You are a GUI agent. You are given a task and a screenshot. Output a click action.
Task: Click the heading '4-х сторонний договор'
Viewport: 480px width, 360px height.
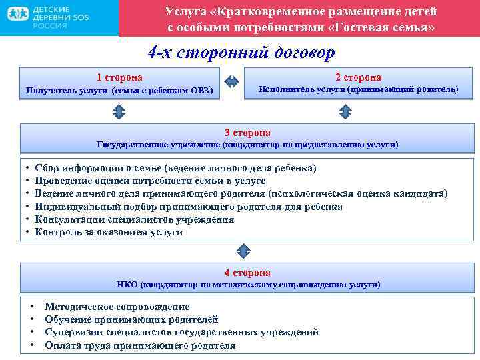(241, 53)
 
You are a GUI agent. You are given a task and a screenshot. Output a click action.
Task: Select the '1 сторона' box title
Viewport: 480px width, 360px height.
(119, 77)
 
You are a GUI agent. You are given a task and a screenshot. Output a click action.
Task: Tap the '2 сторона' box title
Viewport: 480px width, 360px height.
(358, 77)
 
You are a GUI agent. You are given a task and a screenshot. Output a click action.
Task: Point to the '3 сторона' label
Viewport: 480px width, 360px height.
(247, 133)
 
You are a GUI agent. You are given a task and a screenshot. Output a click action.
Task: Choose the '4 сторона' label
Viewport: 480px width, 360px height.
(247, 273)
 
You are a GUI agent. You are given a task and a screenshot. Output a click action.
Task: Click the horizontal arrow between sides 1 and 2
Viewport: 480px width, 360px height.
(229, 82)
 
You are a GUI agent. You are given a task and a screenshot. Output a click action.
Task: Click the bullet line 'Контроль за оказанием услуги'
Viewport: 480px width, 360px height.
(108, 232)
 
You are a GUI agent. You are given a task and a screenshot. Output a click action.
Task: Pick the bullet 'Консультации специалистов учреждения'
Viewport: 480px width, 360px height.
(134, 219)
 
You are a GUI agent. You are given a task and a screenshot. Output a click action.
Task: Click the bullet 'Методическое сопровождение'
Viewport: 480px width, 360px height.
(117, 307)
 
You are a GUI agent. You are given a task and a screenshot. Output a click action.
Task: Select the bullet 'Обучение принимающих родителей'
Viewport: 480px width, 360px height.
(131, 319)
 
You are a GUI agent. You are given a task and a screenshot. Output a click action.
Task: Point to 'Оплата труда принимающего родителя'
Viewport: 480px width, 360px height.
(139, 345)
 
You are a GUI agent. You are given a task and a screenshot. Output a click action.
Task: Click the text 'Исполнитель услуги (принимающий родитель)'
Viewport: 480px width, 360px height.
(358, 89)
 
